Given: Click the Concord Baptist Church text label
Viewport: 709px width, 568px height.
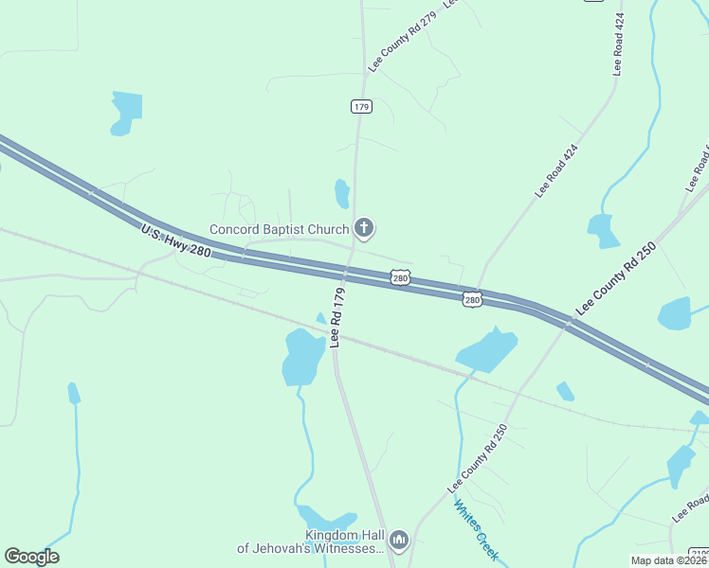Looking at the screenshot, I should [279, 229].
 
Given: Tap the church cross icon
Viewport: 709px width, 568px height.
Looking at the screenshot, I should [363, 228].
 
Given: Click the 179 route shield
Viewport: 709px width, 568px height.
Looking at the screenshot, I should [360, 106].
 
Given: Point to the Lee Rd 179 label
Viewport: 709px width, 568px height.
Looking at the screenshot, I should [337, 318].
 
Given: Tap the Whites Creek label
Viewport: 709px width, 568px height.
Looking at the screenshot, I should [476, 530].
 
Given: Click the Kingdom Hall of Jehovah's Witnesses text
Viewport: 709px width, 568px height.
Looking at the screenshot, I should [311, 541].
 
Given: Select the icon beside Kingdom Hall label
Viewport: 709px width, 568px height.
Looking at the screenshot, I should [399, 541].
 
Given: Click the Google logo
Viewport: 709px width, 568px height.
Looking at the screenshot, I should [31, 557].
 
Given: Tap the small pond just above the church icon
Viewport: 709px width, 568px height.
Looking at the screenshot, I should [341, 193].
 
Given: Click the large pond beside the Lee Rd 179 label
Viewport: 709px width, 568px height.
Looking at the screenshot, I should [303, 357].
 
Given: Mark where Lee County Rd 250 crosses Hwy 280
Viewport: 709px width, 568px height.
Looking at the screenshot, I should [567, 322].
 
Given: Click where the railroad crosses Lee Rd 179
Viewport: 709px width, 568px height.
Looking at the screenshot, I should [336, 337].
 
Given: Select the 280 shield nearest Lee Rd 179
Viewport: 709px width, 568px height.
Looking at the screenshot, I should [401, 277].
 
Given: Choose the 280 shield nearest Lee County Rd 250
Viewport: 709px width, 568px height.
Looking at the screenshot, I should [472, 299].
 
